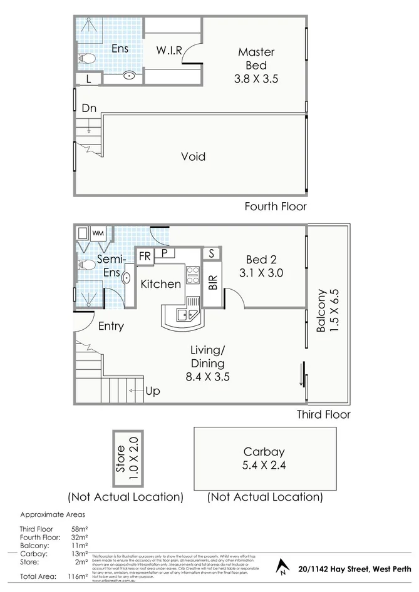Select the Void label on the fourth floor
pyautogui.click(x=193, y=156)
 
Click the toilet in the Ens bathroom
pyautogui.click(x=86, y=59)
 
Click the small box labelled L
pyautogui.click(x=88, y=79)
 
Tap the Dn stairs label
pyautogui.click(x=89, y=108)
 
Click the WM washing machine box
pyautogui.click(x=98, y=233)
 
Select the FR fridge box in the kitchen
pyautogui.click(x=145, y=256)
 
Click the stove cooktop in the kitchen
pyautogui.click(x=193, y=275)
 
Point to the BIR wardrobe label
pyautogui.click(x=212, y=283)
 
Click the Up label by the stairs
pyautogui.click(x=152, y=391)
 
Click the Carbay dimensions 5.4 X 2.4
pyautogui.click(x=265, y=465)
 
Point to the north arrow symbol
pyautogui.click(x=283, y=568)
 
